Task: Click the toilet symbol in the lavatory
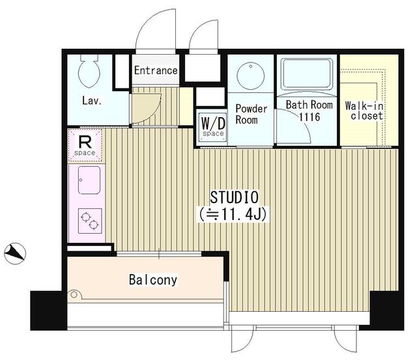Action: (x=89, y=71)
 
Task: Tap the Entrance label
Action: (x=156, y=71)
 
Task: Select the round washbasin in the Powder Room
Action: (x=250, y=74)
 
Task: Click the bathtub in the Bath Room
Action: (x=307, y=74)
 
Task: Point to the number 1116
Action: (x=309, y=117)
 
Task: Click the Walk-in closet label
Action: (x=364, y=111)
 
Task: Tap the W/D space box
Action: (x=213, y=127)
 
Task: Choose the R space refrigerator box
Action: (x=85, y=145)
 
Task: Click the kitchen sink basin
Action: (x=89, y=180)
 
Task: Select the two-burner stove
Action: (x=90, y=221)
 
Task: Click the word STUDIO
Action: (x=235, y=197)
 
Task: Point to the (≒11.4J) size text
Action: (x=233, y=214)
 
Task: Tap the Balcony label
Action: (x=153, y=280)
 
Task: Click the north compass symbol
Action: (x=15, y=253)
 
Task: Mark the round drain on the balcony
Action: (x=74, y=295)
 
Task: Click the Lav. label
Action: (x=92, y=101)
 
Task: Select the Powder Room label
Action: (x=251, y=114)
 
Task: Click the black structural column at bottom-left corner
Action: (x=48, y=311)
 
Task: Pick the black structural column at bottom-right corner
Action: (x=387, y=311)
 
